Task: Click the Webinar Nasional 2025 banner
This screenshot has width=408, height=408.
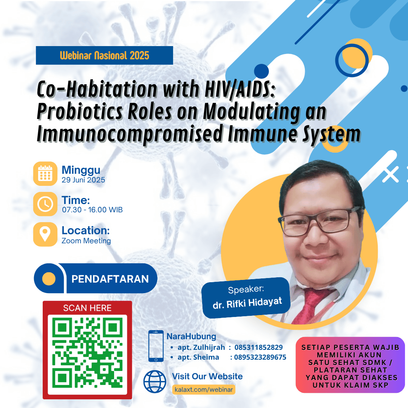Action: pos(104,56)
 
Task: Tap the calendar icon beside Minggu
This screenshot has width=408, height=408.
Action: pos(45,173)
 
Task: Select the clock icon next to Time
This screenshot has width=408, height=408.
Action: pos(45,204)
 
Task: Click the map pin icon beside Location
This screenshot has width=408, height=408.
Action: pos(45,234)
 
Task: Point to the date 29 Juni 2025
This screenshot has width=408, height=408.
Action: pos(83,180)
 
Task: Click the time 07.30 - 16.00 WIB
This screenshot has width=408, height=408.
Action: pos(92,210)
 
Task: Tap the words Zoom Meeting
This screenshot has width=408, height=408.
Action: pos(86,241)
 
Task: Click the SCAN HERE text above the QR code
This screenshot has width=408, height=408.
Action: pos(87,308)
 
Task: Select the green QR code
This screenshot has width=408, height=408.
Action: pos(87,352)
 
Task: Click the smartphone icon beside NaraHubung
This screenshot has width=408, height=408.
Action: pos(156,346)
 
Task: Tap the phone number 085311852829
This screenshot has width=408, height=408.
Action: pos(258,348)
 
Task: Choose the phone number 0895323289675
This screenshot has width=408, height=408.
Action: pos(260,357)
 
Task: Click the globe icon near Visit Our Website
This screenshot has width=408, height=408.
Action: pos(155,382)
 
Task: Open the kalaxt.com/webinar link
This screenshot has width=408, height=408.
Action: pos(204,389)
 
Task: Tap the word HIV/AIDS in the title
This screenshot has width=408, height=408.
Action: pos(240,89)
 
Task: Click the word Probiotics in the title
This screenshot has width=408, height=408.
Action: pos(80,111)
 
